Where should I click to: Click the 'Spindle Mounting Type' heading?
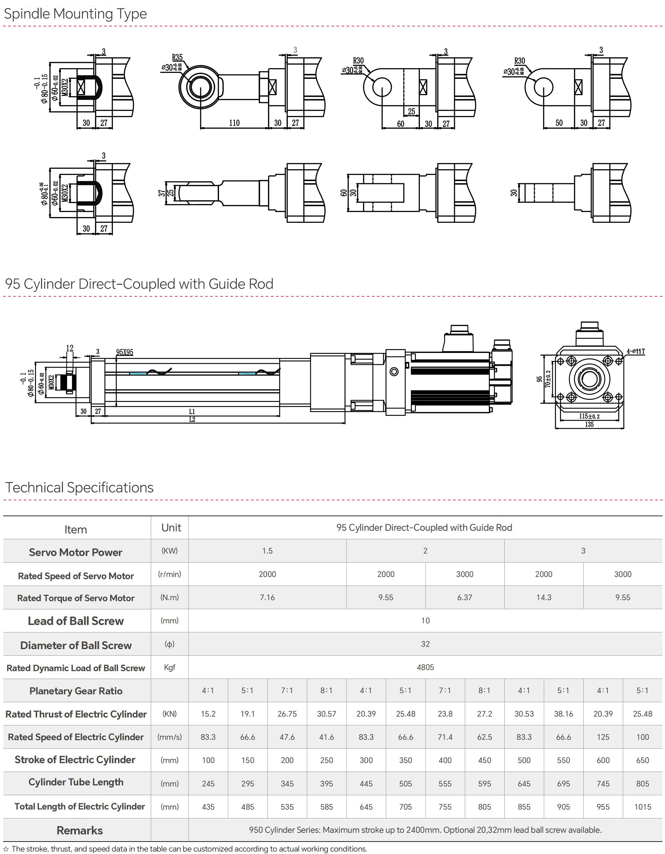point(75,14)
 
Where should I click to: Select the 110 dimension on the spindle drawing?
point(234,123)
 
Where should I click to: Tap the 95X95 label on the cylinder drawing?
point(124,352)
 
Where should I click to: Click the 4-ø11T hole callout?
point(635,351)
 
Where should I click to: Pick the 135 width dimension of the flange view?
point(589,424)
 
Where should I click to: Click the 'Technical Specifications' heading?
point(79,487)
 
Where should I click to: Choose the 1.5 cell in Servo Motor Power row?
point(267,551)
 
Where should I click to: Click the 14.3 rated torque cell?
point(544,597)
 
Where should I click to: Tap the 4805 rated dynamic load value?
point(425,667)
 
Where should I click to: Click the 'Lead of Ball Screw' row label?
point(76,621)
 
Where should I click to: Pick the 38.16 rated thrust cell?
point(563,714)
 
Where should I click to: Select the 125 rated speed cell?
point(603,737)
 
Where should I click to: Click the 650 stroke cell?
point(642,760)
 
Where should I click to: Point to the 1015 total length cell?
point(642,807)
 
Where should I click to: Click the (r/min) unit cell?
point(169,574)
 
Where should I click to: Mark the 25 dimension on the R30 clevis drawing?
point(411,111)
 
